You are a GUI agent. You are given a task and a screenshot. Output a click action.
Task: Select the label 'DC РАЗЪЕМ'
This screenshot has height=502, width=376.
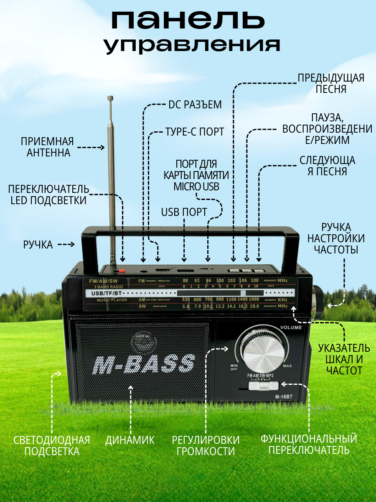coord(195,105)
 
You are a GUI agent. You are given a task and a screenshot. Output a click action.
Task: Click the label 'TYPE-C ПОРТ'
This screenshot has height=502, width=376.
coord(195,131)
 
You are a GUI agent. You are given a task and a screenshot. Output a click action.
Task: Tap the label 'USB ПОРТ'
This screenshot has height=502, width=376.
coord(184,212)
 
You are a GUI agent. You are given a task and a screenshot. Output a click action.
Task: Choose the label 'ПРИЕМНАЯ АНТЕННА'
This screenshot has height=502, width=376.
coord(47,147)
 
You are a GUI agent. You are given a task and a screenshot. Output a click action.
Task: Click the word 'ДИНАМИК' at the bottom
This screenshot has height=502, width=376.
coord(130,440)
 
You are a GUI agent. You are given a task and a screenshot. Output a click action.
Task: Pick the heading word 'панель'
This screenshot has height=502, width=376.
coord(188,20)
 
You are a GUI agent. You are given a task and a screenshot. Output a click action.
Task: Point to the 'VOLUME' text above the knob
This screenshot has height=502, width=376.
coord(291,328)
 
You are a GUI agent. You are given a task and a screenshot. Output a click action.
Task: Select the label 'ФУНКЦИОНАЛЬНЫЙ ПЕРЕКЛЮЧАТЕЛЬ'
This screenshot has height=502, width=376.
coord(309,444)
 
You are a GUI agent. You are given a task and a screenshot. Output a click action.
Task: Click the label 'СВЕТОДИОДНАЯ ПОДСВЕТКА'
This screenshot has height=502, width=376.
coord(52,445)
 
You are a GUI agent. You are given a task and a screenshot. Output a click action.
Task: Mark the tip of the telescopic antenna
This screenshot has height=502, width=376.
coord(111,98)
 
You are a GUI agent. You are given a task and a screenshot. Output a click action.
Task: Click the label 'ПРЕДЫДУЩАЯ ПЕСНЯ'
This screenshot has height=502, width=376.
coord(331,83)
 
